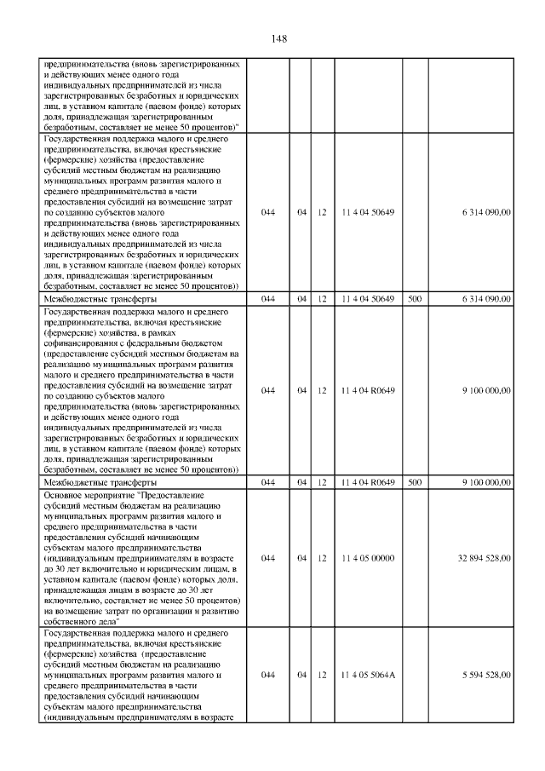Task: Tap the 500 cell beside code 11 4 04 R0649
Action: pyautogui.click(x=415, y=482)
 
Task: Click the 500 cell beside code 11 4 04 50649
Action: pyautogui.click(x=415, y=299)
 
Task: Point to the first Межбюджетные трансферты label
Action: pyautogui.click(x=99, y=299)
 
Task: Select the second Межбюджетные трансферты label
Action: pyautogui.click(x=99, y=482)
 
